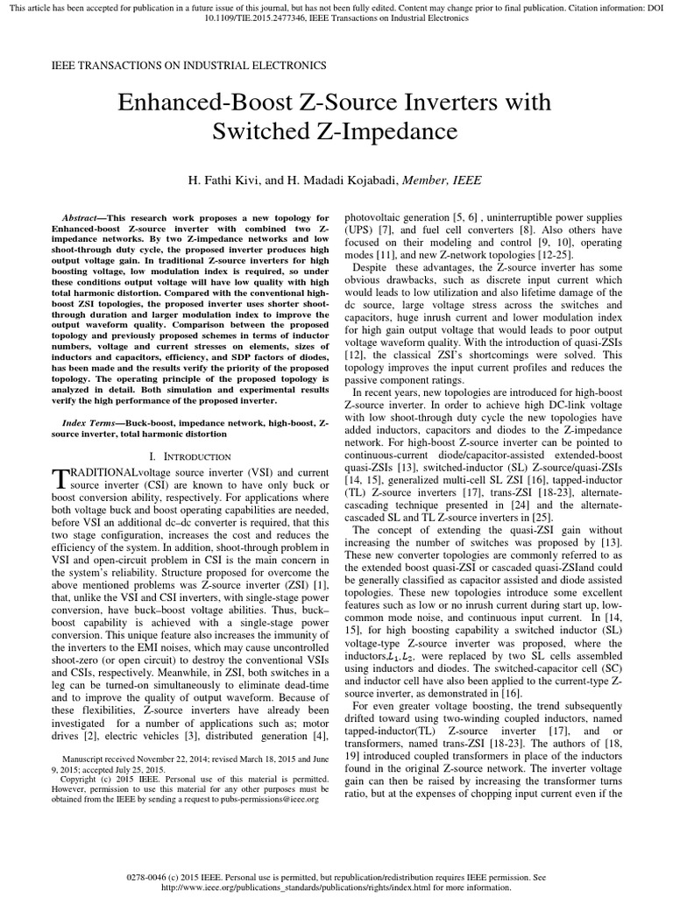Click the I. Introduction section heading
click(x=190, y=456)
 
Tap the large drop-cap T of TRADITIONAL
click(x=59, y=478)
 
